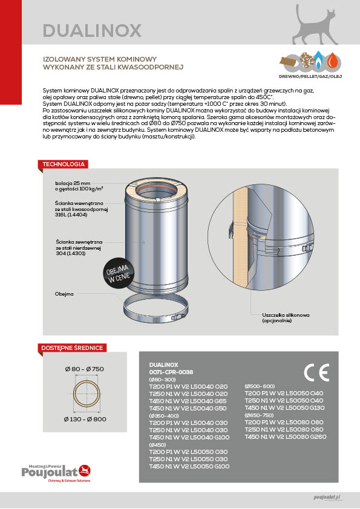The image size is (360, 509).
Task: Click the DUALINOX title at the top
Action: click(x=92, y=30)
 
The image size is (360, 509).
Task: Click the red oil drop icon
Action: click(x=332, y=60)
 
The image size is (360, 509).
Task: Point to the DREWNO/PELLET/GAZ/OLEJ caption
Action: click(x=310, y=77)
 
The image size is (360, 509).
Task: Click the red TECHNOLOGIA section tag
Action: click(x=64, y=164)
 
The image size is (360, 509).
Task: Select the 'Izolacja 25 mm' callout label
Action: click(x=79, y=186)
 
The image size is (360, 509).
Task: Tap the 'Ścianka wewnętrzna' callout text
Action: click(x=81, y=209)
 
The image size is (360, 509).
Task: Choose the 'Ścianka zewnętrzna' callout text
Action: click(x=79, y=247)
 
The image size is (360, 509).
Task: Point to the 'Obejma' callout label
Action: click(x=64, y=294)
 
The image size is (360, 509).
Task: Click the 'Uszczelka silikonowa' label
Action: click(x=286, y=317)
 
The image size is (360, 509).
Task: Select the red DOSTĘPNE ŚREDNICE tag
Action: click(x=72, y=348)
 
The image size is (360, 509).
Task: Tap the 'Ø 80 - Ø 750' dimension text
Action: click(x=85, y=369)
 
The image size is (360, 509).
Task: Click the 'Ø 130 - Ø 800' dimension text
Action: click(x=85, y=419)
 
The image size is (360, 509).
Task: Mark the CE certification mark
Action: click(x=316, y=372)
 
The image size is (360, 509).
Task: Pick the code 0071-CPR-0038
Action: click(x=171, y=372)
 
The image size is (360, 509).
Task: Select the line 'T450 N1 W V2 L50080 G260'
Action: click(x=285, y=436)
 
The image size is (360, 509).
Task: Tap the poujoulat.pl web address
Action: click(x=327, y=497)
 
